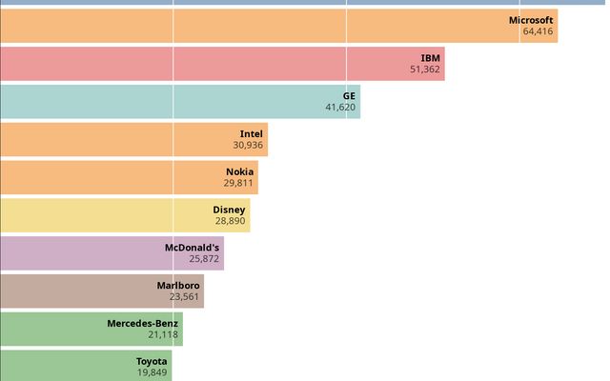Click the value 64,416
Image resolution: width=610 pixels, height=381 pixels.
click(x=538, y=31)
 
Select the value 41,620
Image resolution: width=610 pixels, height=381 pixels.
click(x=340, y=108)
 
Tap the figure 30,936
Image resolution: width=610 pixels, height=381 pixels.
click(x=248, y=146)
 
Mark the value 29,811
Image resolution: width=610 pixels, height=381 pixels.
click(x=238, y=183)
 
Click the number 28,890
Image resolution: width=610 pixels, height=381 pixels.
click(x=230, y=221)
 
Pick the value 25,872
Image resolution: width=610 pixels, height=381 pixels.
click(x=204, y=259)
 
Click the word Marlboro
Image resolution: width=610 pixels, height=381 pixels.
click(x=178, y=285)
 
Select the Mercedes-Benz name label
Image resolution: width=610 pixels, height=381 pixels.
click(x=142, y=323)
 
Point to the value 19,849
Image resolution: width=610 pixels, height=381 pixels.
click(x=152, y=372)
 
